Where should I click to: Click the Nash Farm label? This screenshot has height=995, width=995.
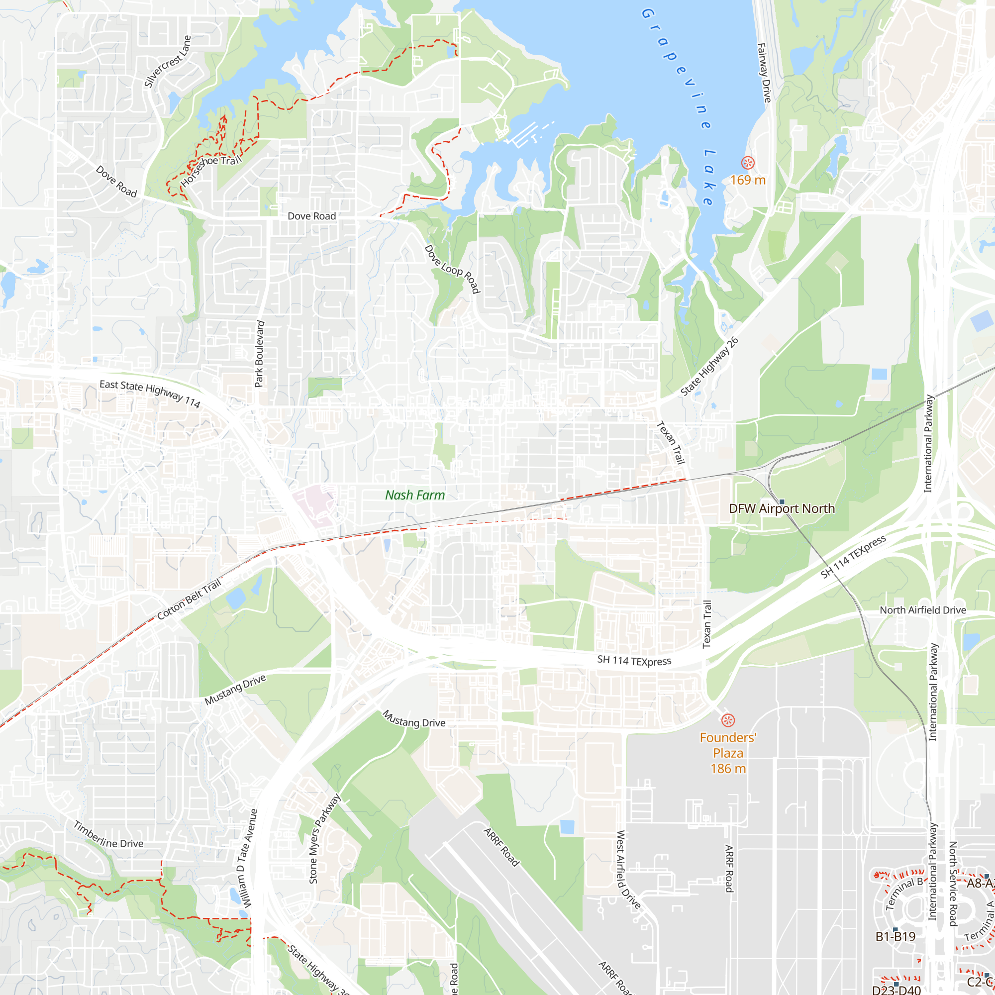(414, 495)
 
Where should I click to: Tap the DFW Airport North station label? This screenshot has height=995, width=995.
(781, 509)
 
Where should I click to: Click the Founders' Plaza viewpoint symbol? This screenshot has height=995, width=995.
(728, 720)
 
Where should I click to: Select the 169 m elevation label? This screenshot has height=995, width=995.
(748, 180)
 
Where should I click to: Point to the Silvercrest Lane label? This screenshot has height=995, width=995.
(167, 62)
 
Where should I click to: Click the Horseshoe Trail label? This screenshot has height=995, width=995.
(210, 171)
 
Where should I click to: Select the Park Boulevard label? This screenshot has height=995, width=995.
(260, 354)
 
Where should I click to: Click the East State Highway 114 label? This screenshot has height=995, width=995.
(150, 394)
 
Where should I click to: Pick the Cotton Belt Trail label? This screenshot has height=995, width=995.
(189, 599)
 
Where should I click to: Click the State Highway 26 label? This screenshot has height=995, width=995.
(709, 367)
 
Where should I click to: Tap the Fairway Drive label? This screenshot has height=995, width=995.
(764, 73)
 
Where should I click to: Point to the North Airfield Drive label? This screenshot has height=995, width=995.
(922, 610)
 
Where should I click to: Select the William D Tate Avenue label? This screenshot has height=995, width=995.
(247, 859)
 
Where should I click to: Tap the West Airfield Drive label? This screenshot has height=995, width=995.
(628, 870)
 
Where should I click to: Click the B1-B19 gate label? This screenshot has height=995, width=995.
(895, 937)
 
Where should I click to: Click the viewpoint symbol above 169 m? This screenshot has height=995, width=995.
(748, 163)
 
